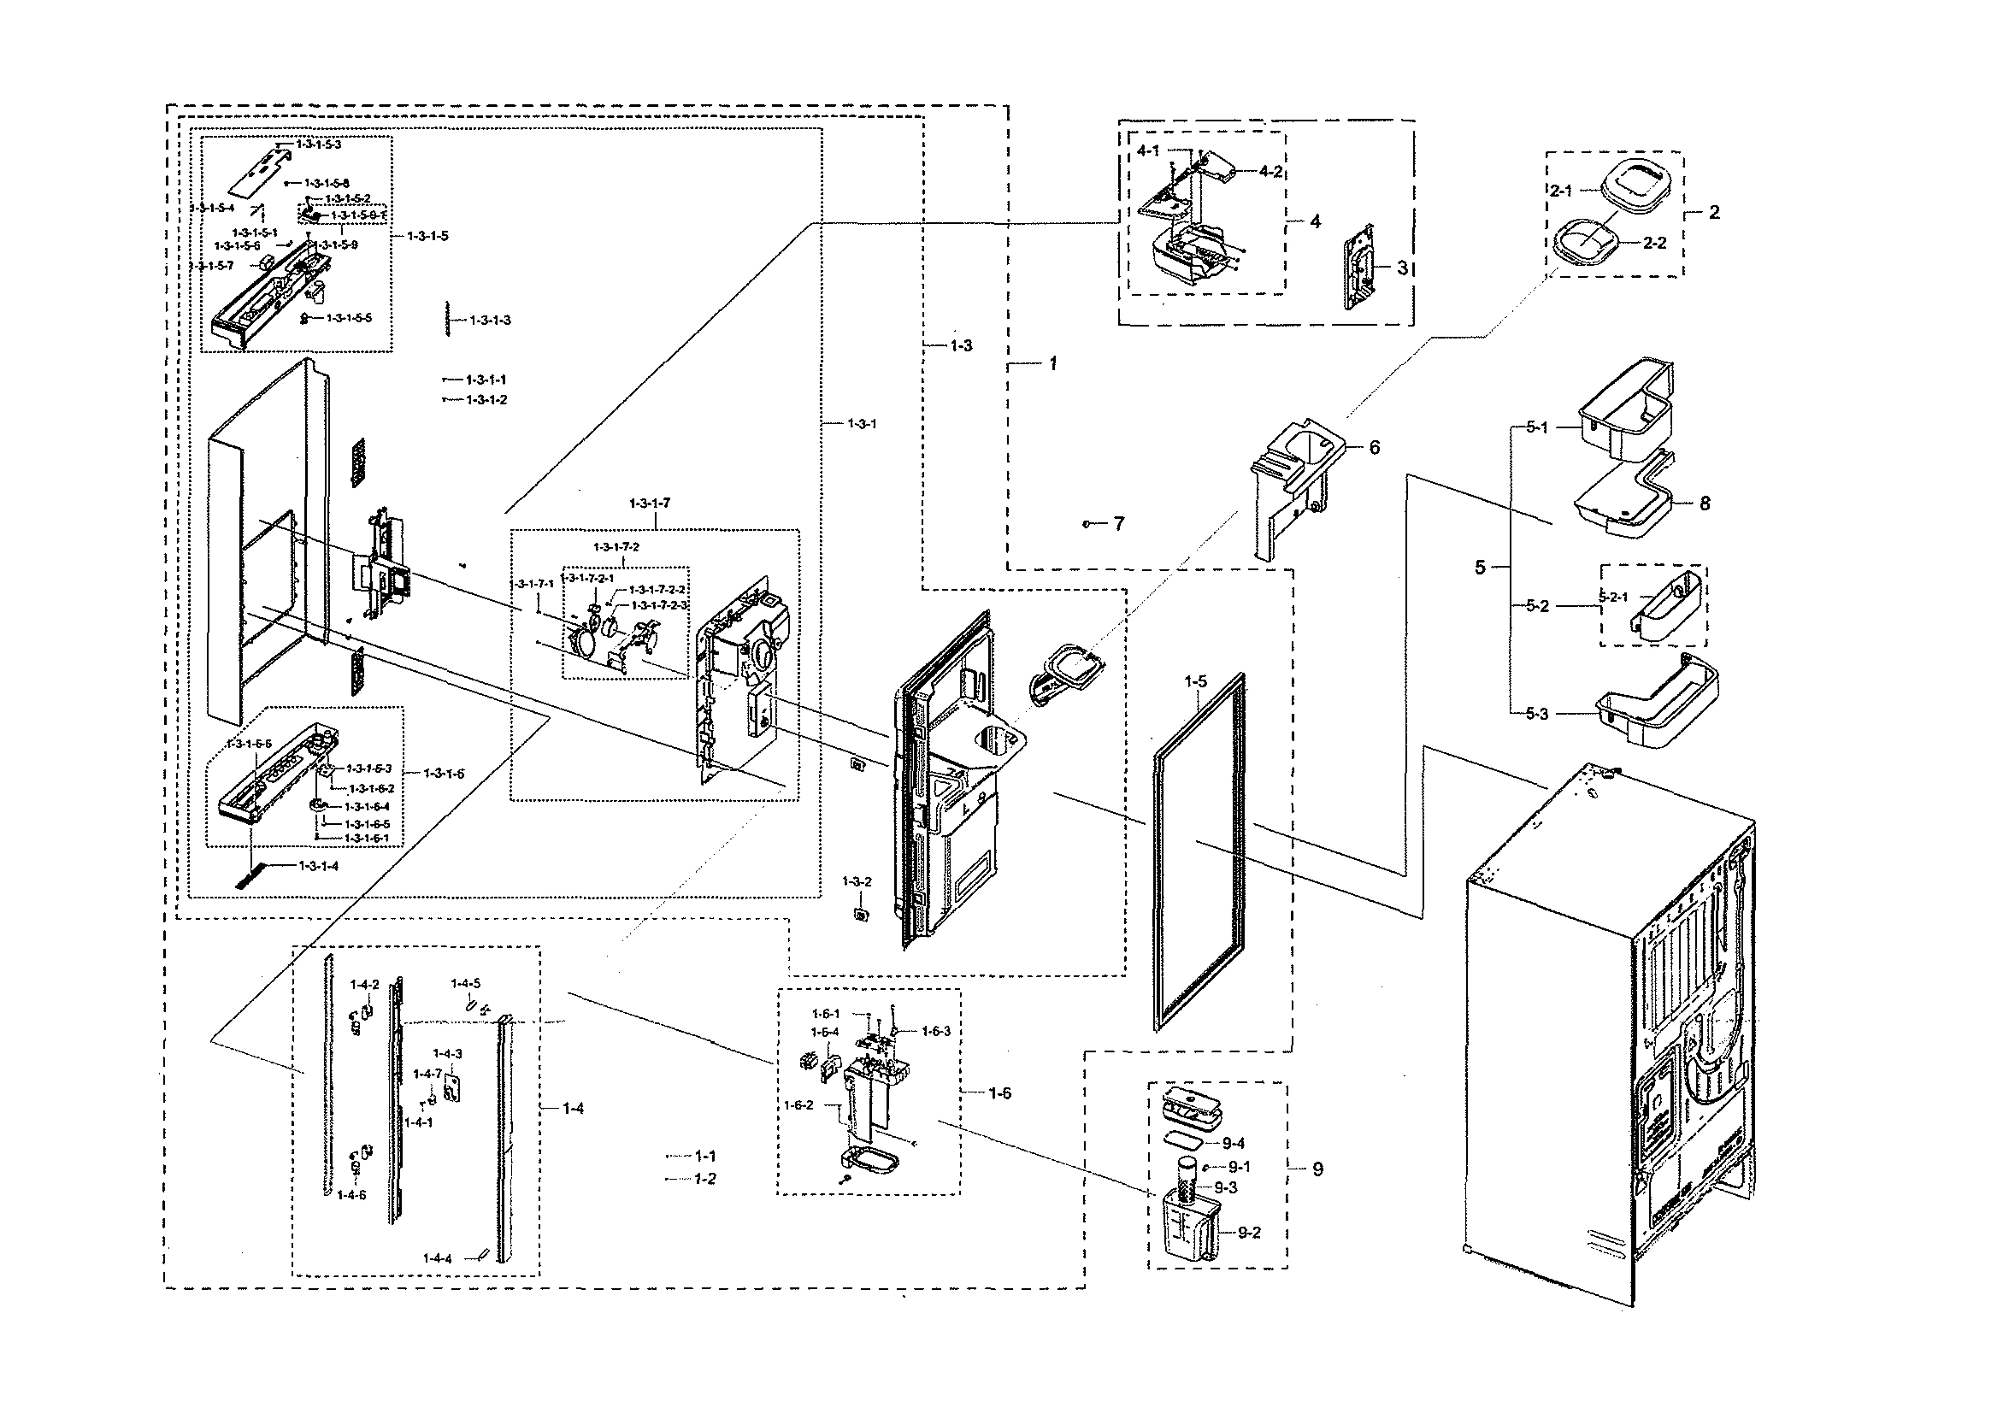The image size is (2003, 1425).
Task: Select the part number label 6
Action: point(1374,448)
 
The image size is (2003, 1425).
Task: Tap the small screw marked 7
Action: point(1087,524)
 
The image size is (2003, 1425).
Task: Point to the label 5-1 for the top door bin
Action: point(1537,427)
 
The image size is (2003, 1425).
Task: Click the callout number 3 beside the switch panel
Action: point(1402,268)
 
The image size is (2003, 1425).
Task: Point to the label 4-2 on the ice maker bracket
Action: point(1270,172)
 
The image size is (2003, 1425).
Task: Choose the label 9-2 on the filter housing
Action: point(1249,1232)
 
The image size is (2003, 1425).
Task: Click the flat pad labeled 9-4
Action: point(1187,1140)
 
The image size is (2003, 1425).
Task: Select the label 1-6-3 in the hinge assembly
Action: point(935,1031)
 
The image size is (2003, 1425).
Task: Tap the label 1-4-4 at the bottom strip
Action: point(437,1258)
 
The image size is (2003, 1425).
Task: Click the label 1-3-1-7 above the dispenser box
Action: point(649,503)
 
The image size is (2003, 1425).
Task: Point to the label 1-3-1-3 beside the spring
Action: point(490,321)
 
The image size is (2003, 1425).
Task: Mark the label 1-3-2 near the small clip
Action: point(857,881)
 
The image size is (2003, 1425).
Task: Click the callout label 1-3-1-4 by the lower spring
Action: point(319,866)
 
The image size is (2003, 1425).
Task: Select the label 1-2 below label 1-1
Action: point(705,1179)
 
